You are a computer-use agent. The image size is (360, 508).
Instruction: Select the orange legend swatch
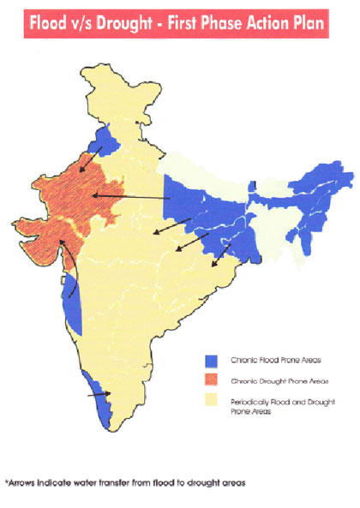212,380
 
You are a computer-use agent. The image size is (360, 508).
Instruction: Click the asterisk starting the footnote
7,482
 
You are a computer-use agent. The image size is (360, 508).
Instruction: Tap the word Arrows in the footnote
24,483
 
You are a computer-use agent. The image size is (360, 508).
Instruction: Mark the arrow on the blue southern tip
100,397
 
